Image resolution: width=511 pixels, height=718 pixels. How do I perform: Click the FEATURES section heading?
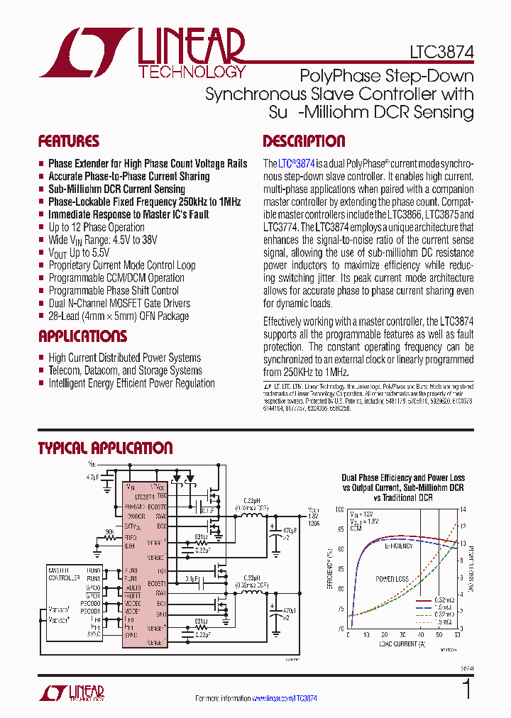[x=69, y=140]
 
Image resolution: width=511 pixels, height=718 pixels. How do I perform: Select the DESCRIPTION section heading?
[x=304, y=140]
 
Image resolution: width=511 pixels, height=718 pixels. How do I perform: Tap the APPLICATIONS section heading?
[x=82, y=336]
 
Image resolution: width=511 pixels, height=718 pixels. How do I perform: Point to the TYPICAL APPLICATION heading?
[x=105, y=448]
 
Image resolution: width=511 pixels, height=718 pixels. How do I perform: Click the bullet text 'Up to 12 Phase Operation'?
[x=97, y=227]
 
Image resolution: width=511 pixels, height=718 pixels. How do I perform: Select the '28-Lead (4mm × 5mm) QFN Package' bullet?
[x=119, y=316]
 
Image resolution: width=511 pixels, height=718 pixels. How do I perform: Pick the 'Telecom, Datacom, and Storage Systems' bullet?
[x=125, y=370]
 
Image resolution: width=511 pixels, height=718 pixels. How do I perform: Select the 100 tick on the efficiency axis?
[x=339, y=509]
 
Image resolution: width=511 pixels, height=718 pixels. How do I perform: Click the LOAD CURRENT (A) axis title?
[x=402, y=644]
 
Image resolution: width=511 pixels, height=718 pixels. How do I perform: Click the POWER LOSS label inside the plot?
[x=391, y=578]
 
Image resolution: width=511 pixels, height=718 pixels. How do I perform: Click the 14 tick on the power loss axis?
[x=464, y=509]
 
